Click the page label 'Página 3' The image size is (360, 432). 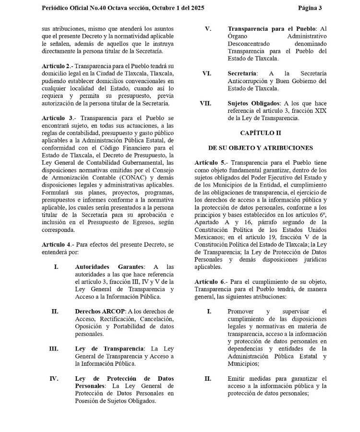(310, 8)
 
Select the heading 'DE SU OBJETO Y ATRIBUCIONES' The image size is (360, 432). (261, 148)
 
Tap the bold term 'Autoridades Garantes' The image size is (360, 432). (109, 267)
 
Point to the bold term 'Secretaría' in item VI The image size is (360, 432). (242, 73)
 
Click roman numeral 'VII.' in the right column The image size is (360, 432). (205, 103)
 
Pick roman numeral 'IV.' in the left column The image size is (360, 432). (54, 379)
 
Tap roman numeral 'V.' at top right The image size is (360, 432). (207, 28)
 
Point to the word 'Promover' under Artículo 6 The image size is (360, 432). (241, 312)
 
